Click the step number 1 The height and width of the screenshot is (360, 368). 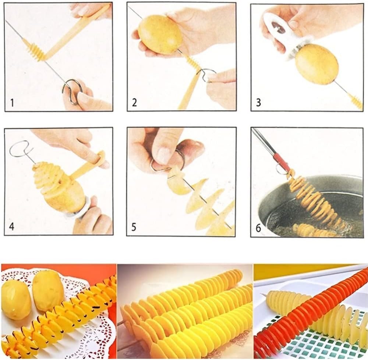click(12, 103)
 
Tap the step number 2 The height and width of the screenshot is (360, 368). click(134, 103)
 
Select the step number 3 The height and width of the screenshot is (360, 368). click(258, 103)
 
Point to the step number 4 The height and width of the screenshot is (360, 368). click(11, 227)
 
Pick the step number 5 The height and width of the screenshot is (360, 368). click(134, 227)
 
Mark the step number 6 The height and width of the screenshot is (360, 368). click(258, 228)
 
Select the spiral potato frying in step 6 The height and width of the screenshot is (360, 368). click(312, 199)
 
